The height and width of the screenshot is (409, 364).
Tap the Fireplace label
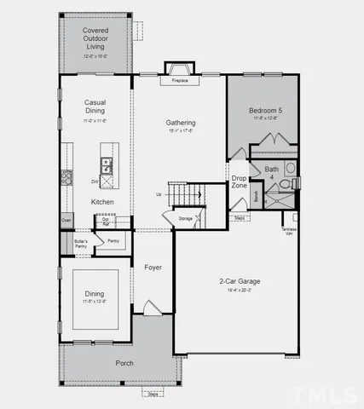[x=180, y=81]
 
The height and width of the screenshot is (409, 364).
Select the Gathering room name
[x=180, y=123]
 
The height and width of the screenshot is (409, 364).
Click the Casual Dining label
[x=95, y=107]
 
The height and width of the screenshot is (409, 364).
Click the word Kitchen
[x=103, y=201]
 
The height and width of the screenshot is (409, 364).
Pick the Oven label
[x=66, y=221]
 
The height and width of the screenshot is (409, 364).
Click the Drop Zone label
[x=240, y=181]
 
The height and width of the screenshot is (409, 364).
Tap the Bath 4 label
[x=272, y=173]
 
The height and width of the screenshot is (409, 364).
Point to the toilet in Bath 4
[x=290, y=168]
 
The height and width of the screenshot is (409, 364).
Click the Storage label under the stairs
[x=186, y=219]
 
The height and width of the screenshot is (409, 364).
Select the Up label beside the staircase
[x=158, y=194]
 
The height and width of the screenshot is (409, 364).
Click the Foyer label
[x=153, y=268]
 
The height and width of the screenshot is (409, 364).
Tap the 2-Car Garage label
[x=240, y=281]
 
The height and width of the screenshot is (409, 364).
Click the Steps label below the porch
[x=153, y=395]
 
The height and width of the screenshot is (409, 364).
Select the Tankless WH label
[x=290, y=232]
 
